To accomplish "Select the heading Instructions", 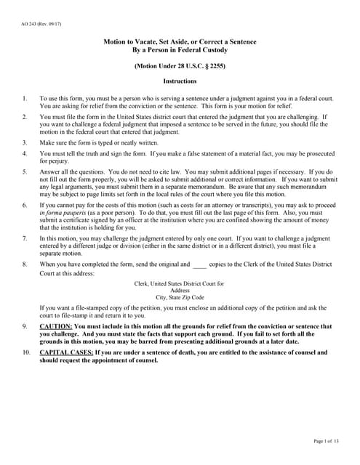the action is tap(179, 81).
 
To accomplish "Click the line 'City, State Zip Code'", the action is tap(180, 297).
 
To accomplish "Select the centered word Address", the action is tap(179, 290).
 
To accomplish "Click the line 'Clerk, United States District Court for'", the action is tap(180, 283).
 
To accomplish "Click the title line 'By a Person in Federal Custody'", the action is tap(179, 51).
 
